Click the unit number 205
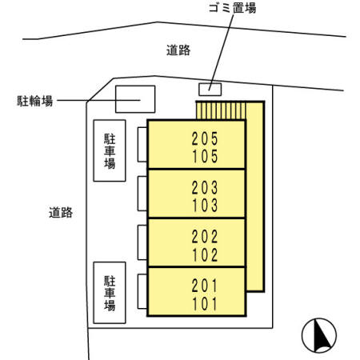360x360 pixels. click(x=205, y=138)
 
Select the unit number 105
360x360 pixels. click(x=205, y=156)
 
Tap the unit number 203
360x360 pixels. click(x=205, y=187)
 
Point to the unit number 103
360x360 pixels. click(x=205, y=205)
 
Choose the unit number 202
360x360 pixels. click(x=205, y=237)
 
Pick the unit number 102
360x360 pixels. click(x=205, y=254)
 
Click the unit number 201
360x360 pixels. click(x=205, y=286)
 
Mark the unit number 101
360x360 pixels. click(x=205, y=304)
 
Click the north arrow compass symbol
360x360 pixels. click(x=319, y=335)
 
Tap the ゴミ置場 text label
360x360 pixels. click(x=232, y=8)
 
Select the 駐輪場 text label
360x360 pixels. click(x=35, y=101)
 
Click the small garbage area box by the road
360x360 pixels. click(x=210, y=90)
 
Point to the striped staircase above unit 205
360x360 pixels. click(x=221, y=110)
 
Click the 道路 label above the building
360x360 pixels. click(x=178, y=50)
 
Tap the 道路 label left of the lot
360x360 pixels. click(x=61, y=213)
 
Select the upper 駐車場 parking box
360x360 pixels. click(x=110, y=150)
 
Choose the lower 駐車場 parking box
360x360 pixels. click(x=110, y=293)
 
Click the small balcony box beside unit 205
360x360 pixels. click(x=142, y=145)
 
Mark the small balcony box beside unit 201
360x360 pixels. click(x=142, y=291)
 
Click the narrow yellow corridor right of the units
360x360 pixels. click(x=255, y=197)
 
